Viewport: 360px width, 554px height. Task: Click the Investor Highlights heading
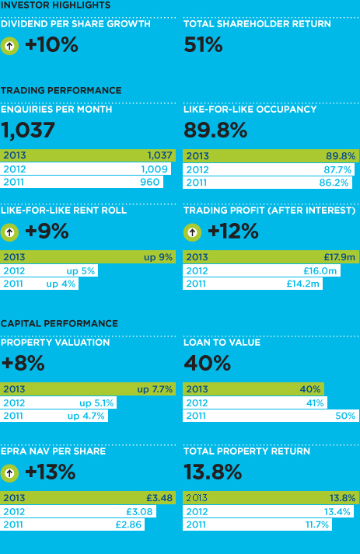click(55, 5)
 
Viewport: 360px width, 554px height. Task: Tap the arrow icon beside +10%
click(9, 46)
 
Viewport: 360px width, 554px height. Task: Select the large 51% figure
click(204, 45)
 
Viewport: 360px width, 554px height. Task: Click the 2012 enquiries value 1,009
click(154, 169)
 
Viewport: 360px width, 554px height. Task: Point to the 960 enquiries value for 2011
click(150, 182)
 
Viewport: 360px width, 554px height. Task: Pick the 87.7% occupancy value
click(337, 170)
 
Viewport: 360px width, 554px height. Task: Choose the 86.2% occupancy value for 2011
click(334, 183)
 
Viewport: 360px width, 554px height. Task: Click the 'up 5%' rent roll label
click(81, 271)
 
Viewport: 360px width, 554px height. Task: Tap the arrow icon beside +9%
click(9, 232)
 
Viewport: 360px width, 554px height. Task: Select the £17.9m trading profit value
click(340, 257)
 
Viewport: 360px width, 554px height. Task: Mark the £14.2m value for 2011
click(302, 284)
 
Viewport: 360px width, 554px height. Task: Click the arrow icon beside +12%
click(192, 232)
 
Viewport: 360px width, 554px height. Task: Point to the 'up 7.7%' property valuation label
click(155, 389)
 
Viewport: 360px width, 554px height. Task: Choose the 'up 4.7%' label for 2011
click(86, 416)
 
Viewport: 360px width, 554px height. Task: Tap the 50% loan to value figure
click(345, 416)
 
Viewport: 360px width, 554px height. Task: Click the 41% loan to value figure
click(315, 403)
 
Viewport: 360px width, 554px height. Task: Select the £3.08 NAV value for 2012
click(139, 511)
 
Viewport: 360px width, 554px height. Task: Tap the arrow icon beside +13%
click(9, 472)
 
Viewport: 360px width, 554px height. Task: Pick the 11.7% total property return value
click(317, 524)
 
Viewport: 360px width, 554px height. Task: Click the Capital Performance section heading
click(59, 323)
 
